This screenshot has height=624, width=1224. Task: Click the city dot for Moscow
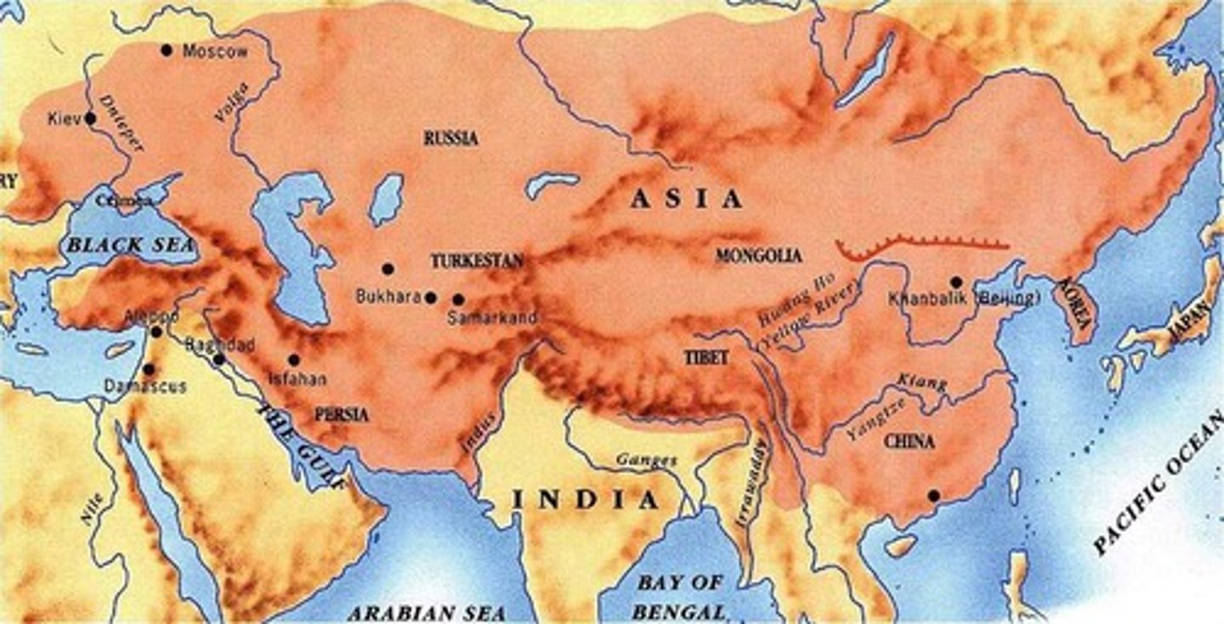point(167,50)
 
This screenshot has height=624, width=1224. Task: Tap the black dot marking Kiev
point(90,119)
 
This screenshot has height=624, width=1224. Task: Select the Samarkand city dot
point(458,299)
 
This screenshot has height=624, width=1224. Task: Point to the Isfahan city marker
point(294,360)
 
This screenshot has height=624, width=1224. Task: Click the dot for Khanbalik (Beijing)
point(956,281)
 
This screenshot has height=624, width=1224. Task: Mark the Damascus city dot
point(149,369)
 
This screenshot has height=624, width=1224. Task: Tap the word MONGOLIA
point(758,255)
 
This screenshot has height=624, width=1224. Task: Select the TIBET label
point(706,358)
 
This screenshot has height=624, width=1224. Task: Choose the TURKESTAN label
point(476,261)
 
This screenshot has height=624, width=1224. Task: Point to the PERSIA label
point(342,415)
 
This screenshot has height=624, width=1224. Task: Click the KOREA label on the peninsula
point(1074,310)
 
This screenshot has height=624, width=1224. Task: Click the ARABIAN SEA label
point(428,612)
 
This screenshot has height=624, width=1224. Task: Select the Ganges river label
point(648,460)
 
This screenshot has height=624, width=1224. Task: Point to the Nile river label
point(93,508)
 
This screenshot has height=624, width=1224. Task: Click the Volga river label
point(231,102)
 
